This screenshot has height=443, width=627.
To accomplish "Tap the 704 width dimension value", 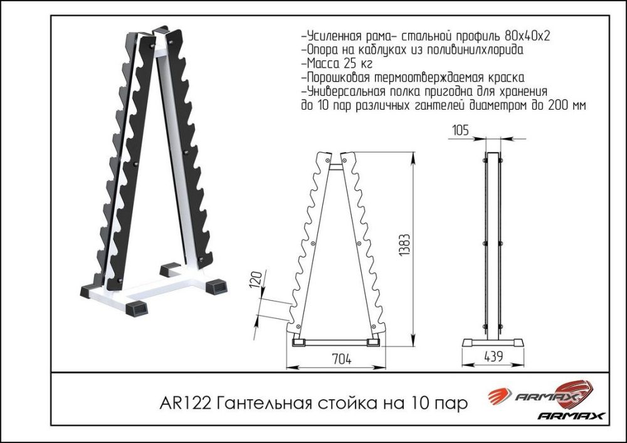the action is pos(342,359).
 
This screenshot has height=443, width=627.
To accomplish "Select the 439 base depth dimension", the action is pos(493,357).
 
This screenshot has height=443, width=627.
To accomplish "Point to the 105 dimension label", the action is pos(460,130).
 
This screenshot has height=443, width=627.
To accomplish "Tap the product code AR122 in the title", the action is pos(185,404).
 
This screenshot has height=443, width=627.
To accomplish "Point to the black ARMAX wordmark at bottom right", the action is pos(571,416).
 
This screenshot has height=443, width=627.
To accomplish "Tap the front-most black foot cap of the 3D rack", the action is pos(136,308).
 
